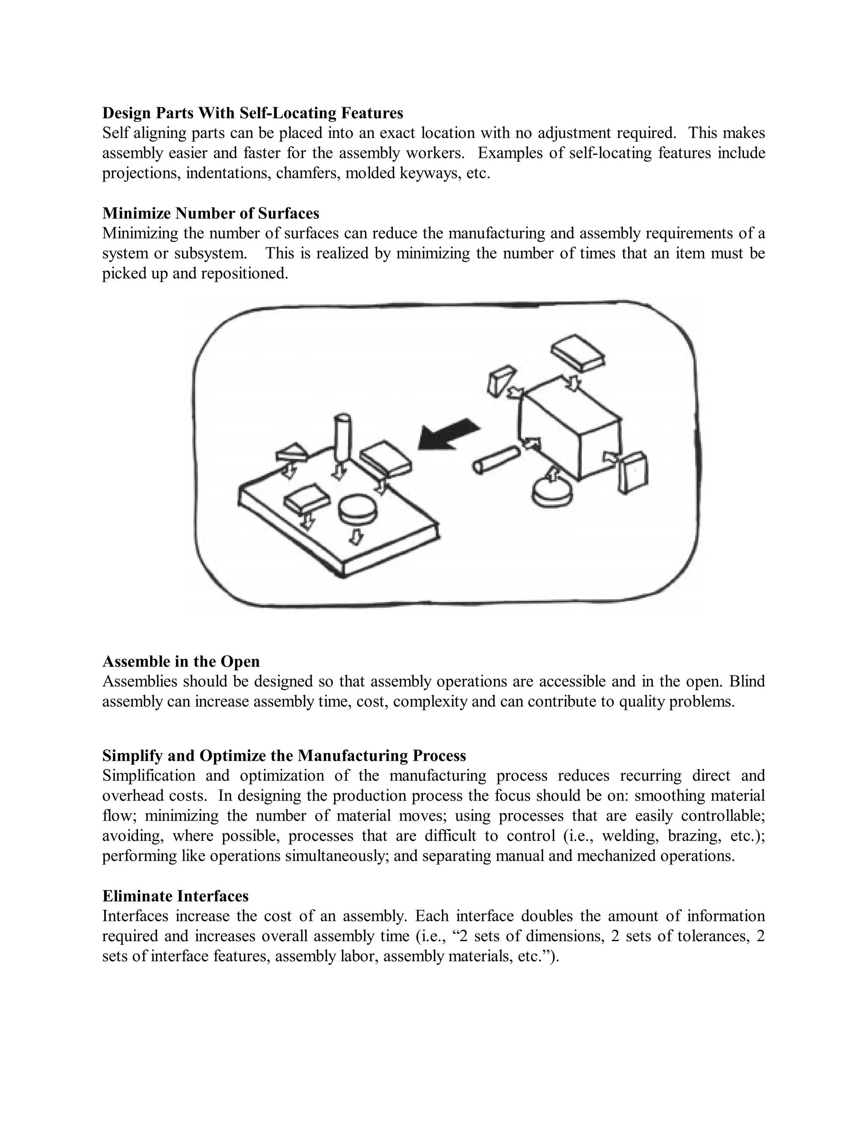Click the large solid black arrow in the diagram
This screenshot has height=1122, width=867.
[448, 435]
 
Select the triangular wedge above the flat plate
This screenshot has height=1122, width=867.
[291, 452]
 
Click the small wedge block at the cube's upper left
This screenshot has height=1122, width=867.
[501, 379]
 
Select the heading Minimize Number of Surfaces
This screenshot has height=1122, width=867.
[210, 213]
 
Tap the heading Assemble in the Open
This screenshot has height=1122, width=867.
[181, 661]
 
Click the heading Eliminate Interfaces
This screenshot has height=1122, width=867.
[175, 896]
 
